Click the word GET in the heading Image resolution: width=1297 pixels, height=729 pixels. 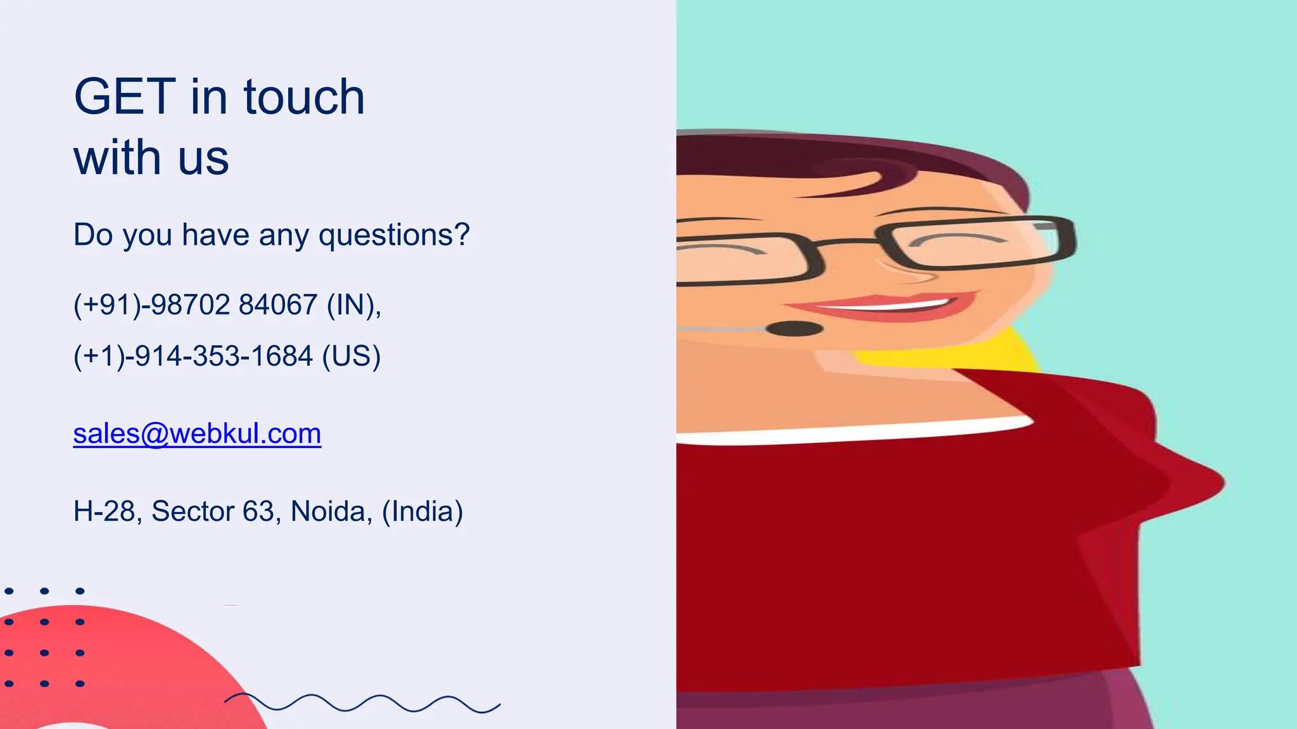(125, 97)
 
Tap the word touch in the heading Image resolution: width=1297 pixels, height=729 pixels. (304, 97)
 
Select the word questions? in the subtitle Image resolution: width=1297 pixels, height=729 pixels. (394, 235)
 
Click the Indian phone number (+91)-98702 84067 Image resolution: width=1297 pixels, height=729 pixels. (196, 305)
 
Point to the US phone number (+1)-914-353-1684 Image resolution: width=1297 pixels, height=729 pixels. (193, 356)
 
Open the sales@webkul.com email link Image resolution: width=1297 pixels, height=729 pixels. (197, 434)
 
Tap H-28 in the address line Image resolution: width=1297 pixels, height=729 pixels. (104, 511)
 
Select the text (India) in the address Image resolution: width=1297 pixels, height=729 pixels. (422, 511)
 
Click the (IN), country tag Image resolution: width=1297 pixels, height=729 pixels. (354, 305)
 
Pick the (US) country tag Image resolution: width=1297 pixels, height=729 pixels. (351, 356)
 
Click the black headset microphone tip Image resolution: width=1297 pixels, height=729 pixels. (794, 328)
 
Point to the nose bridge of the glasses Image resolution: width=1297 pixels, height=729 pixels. (849, 242)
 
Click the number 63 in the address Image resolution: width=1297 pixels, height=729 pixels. (258, 511)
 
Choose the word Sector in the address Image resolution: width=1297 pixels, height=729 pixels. (193, 511)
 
